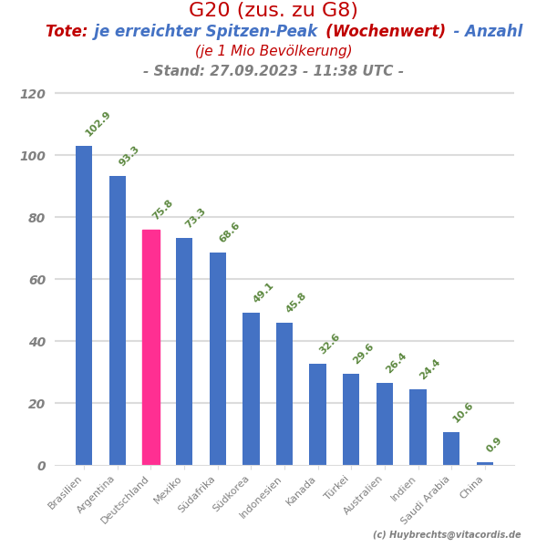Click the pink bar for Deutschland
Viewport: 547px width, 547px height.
click(x=151, y=347)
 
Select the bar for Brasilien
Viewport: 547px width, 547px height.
click(x=84, y=305)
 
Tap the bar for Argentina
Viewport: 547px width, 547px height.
click(x=118, y=320)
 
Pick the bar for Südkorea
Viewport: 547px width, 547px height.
click(x=251, y=388)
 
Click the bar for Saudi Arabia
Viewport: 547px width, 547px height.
click(x=451, y=449)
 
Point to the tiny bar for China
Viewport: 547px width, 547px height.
click(x=485, y=463)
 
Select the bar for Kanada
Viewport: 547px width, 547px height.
click(x=317, y=414)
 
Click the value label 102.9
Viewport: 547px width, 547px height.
click(x=98, y=124)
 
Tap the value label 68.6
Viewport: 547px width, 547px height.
click(x=230, y=232)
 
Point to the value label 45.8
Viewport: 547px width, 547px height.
click(x=296, y=303)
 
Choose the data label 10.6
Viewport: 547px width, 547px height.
click(x=463, y=412)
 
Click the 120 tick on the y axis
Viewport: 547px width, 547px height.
click(x=33, y=94)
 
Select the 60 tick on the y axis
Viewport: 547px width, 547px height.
click(x=36, y=280)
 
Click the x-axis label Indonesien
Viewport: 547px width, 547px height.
click(x=262, y=498)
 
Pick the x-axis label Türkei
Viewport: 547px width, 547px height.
click(x=337, y=488)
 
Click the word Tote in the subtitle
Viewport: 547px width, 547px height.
click(x=66, y=32)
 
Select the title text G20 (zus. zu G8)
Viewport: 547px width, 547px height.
click(x=273, y=11)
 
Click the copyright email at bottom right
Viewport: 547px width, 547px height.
click(x=447, y=535)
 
